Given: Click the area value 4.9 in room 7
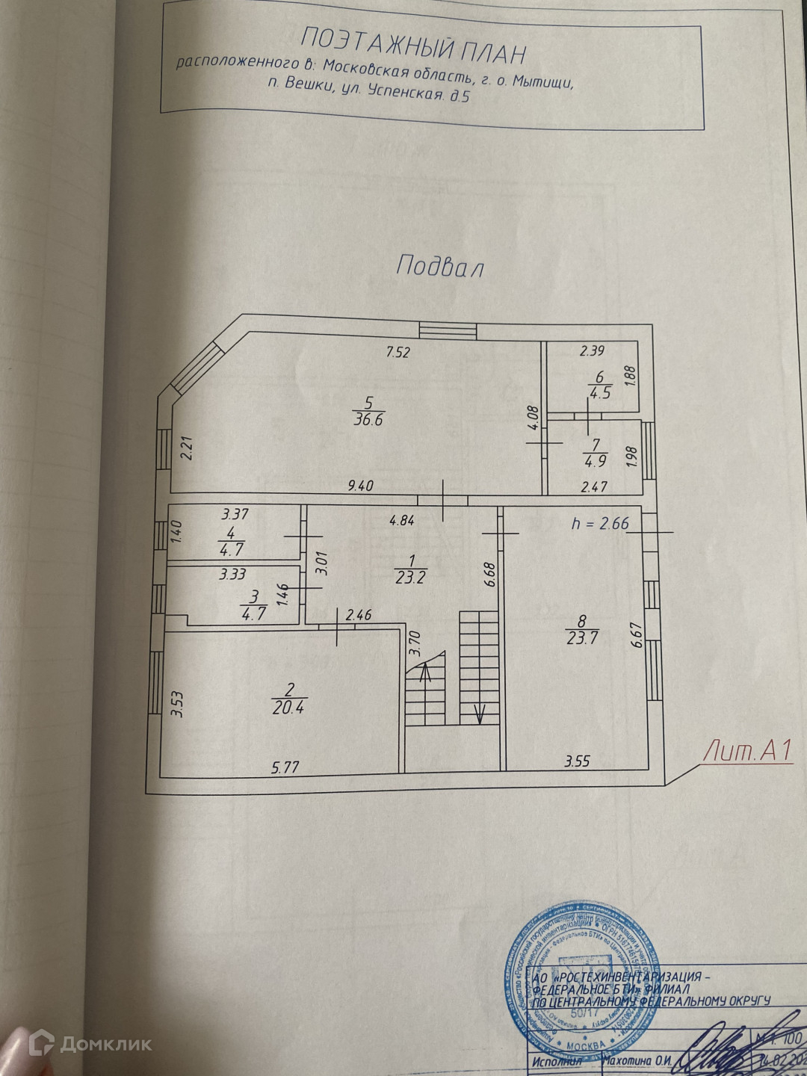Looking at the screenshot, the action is (x=597, y=460).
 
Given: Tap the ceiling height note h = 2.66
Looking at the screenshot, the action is (x=599, y=524).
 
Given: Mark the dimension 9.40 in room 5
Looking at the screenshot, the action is (x=361, y=485).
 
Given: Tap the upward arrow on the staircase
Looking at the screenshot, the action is (x=426, y=675).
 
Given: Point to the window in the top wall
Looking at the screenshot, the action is (x=448, y=330).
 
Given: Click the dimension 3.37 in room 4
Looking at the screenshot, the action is (x=234, y=514).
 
